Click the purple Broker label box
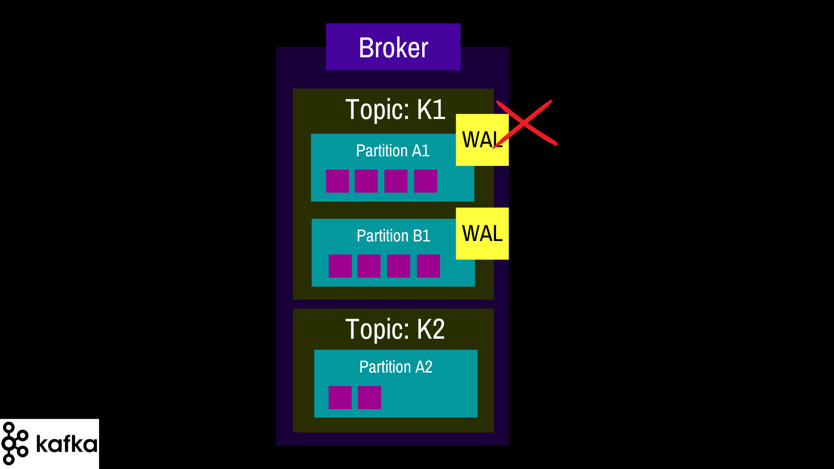(393, 47)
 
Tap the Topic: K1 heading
(395, 109)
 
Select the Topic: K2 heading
(395, 329)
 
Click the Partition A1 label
(393, 151)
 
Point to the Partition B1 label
(394, 236)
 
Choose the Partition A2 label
(396, 367)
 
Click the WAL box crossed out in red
(482, 140)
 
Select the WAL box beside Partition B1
(482, 234)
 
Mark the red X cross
(525, 123)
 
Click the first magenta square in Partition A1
(338, 181)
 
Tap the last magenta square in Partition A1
(426, 181)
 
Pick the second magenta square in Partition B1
(369, 266)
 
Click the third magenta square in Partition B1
(399, 266)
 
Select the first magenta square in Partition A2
(340, 397)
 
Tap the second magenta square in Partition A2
(369, 397)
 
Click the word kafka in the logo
(66, 443)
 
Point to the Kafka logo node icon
(15, 443)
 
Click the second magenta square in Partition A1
(366, 181)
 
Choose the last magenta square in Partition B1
(428, 266)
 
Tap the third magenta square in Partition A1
(396, 181)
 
